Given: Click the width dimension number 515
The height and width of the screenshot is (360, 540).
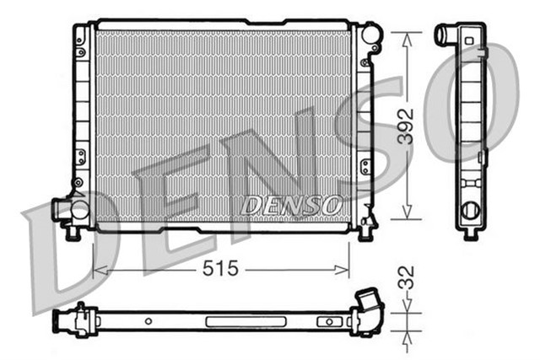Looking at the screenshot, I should [220, 269].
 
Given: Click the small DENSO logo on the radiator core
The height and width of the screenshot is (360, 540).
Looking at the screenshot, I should [291, 204].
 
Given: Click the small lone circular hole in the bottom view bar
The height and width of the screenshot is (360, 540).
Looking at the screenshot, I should [148, 321].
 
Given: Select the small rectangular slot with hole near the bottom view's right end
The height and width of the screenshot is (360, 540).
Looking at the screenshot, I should [326, 321].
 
